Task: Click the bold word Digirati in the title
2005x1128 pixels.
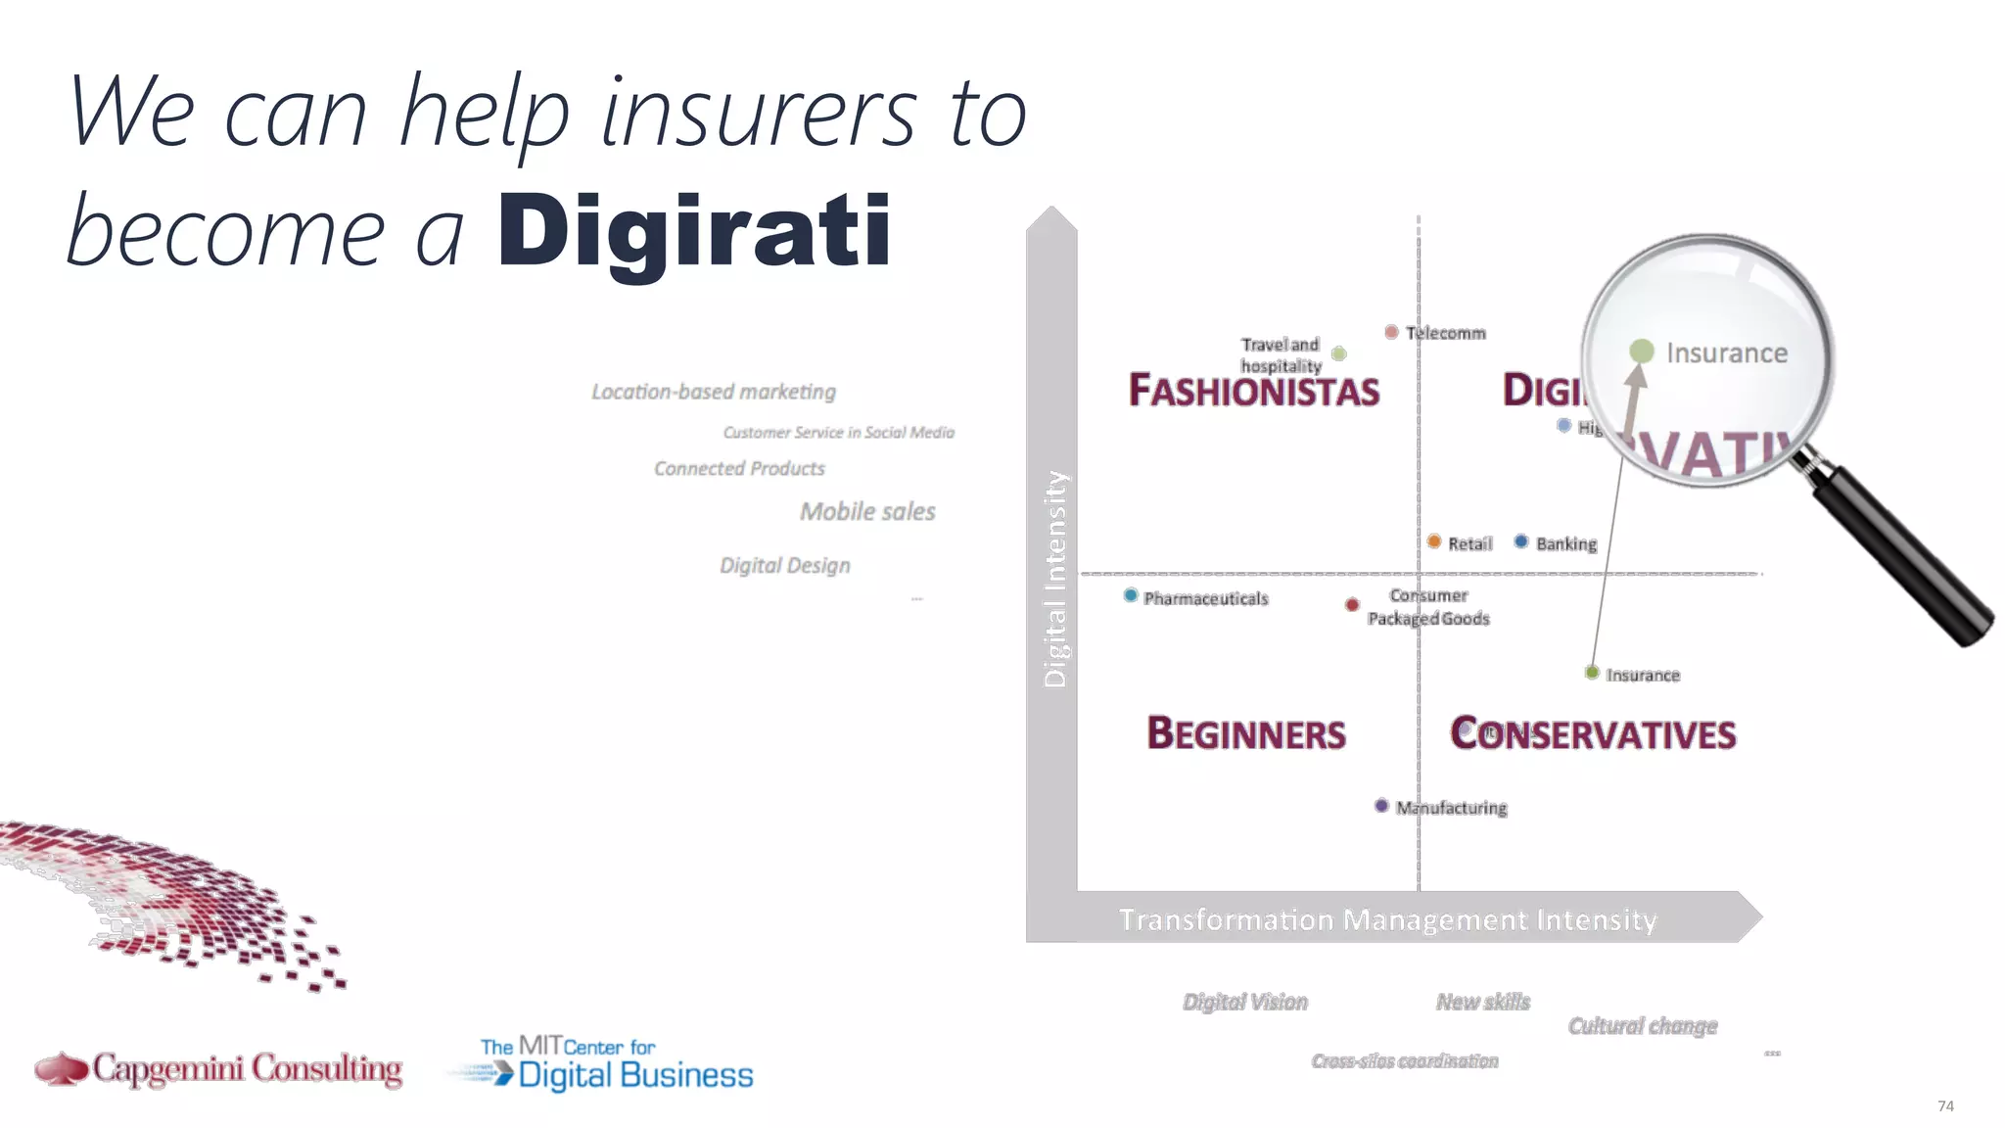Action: tap(694, 231)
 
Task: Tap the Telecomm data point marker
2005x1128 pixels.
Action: tap(1391, 332)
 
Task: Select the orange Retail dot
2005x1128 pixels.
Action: tap(1434, 541)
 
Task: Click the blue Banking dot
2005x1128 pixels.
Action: tap(1521, 541)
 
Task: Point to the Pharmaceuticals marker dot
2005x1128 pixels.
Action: tap(1131, 595)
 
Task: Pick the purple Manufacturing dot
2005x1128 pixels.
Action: tap(1381, 806)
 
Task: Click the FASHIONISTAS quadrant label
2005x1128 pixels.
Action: tap(1254, 390)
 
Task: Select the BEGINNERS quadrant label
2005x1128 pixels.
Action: tap(1246, 733)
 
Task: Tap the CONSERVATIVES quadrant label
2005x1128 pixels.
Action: tap(1593, 733)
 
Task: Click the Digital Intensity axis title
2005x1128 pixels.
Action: tap(1054, 579)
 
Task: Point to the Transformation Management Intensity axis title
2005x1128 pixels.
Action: tap(1387, 919)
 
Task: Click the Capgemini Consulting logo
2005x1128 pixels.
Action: tap(218, 1068)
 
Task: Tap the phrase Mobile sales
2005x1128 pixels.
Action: tap(867, 511)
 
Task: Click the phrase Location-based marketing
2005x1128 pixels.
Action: tap(714, 392)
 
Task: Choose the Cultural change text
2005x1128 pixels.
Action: tap(1643, 1025)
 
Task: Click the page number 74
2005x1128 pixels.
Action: tap(1945, 1105)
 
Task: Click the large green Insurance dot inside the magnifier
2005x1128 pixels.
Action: tap(1642, 352)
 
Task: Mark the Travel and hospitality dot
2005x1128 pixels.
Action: tap(1339, 353)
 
